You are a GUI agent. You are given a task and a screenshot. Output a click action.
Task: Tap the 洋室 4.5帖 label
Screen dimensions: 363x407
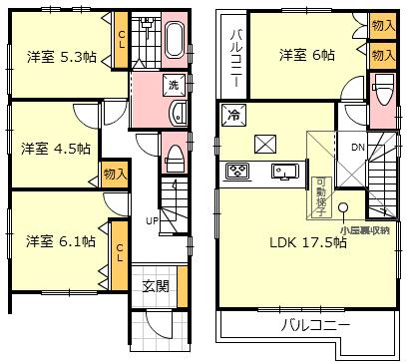[56, 149]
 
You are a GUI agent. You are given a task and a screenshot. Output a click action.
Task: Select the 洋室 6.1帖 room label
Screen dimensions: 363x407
[61, 241]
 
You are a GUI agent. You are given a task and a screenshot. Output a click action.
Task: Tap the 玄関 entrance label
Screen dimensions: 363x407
[156, 286]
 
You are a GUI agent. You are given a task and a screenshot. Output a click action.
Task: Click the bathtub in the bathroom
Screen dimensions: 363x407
[174, 43]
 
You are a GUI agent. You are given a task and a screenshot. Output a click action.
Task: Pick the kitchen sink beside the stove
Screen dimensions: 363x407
[283, 172]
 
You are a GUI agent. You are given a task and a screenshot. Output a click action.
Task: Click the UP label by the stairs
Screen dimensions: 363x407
[152, 220]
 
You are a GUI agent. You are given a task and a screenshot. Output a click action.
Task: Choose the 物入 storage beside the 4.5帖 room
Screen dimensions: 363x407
[114, 175]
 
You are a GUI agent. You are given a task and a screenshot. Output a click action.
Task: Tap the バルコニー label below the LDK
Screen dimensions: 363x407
[313, 325]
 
